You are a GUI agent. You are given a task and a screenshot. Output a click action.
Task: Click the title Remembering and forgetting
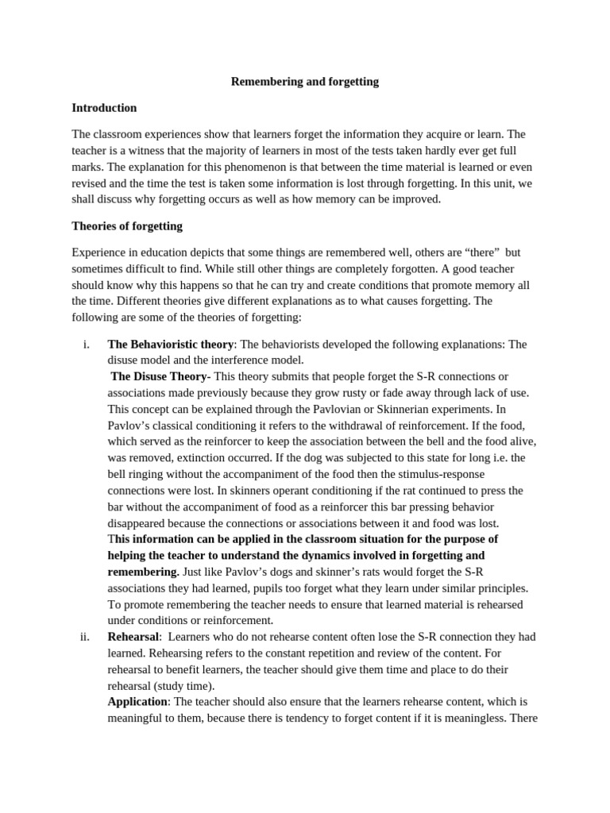[x=305, y=82]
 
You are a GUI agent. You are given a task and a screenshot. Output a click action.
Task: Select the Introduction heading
[x=104, y=108]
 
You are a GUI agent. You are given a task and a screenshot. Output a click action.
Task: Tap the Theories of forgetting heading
[x=127, y=226]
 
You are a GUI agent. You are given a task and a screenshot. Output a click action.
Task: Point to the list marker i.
[x=86, y=345]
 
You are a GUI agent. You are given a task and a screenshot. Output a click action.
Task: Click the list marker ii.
[x=85, y=637]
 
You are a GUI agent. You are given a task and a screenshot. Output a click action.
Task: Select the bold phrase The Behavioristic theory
[x=170, y=345]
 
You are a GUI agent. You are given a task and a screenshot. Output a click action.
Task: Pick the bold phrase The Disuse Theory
[x=158, y=376]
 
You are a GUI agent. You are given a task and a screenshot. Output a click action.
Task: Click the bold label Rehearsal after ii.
[x=133, y=637]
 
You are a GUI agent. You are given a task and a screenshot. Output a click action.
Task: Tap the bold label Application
[x=137, y=702]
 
